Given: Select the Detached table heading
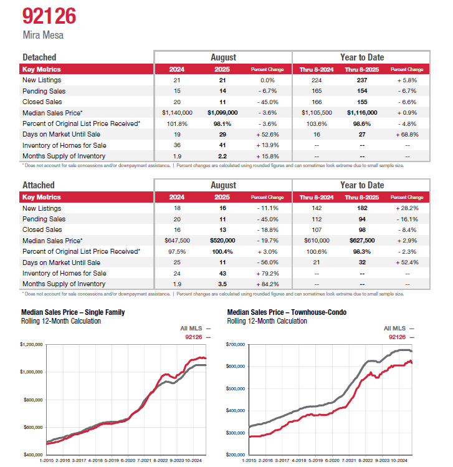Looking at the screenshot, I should click(39, 57).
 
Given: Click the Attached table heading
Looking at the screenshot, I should click(38, 185).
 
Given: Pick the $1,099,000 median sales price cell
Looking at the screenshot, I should click(222, 113).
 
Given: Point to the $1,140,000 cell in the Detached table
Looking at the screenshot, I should click(178, 113).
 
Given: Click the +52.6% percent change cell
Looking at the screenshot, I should click(267, 134).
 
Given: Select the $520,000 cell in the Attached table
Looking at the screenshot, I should click(222, 241).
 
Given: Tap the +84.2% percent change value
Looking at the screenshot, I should click(267, 284).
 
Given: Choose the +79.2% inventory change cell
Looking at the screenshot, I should click(267, 273).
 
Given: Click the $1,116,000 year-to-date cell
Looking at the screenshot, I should click(362, 113).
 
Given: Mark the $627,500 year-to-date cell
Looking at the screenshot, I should click(362, 241).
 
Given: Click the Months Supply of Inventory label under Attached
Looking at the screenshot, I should click(64, 284).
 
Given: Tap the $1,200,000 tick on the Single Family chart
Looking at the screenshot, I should click(31, 344).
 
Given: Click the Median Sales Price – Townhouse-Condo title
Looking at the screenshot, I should click(287, 312).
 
